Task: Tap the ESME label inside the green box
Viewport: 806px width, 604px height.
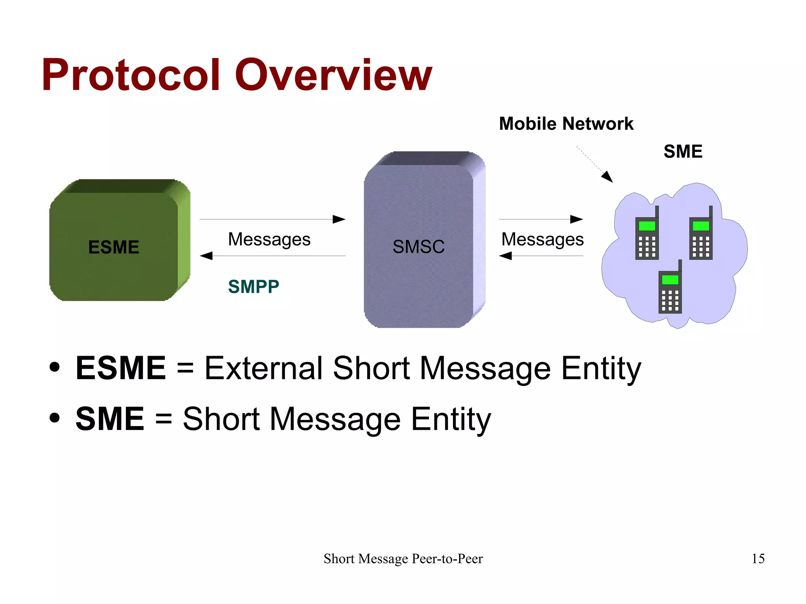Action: [x=114, y=247]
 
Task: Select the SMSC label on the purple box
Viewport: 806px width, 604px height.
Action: [x=418, y=247]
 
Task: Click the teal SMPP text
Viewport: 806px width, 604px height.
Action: [x=253, y=286]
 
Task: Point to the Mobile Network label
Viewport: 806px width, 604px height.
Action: [x=566, y=124]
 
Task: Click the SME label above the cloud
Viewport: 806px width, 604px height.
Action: [x=683, y=151]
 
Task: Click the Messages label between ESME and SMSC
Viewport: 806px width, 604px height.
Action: [x=269, y=239]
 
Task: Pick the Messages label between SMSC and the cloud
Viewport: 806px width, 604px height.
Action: [x=542, y=239]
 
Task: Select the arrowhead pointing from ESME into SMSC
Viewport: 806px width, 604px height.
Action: [x=339, y=219]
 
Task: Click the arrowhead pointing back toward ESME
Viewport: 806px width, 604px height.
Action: [x=206, y=256]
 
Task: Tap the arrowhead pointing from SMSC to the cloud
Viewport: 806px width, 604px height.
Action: [x=577, y=219]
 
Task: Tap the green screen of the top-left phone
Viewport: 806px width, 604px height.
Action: [x=647, y=226]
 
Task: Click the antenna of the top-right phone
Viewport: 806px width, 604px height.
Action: [x=710, y=211]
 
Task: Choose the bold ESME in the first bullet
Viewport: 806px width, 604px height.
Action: [x=121, y=368]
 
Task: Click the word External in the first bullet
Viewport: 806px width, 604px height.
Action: [x=264, y=368]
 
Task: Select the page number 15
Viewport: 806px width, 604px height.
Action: [x=758, y=558]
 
